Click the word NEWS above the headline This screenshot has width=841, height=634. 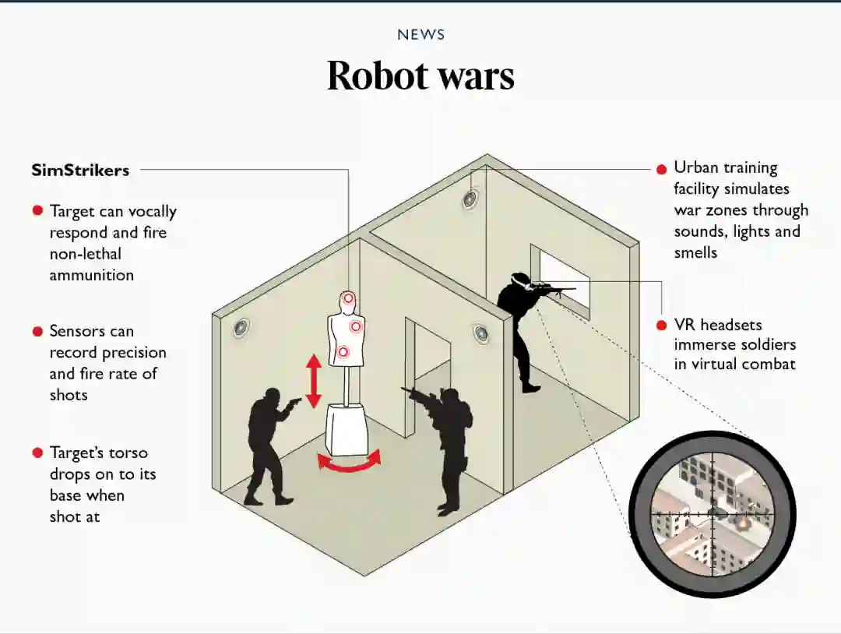pyautogui.click(x=420, y=34)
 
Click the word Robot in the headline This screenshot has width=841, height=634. pyautogui.click(x=378, y=76)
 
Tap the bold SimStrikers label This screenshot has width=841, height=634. pyautogui.click(x=80, y=170)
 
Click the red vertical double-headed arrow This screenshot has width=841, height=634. pyautogui.click(x=313, y=381)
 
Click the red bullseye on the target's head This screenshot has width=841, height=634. pyautogui.click(x=348, y=298)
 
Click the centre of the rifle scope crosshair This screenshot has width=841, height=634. pyautogui.click(x=712, y=513)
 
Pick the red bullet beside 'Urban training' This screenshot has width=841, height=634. pyautogui.click(x=661, y=168)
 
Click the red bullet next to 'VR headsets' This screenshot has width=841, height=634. pyautogui.click(x=661, y=325)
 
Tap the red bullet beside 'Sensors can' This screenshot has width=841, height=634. pyautogui.click(x=37, y=332)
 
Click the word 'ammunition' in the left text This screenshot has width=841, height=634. pyautogui.click(x=92, y=275)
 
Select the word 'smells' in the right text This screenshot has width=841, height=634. pyautogui.click(x=695, y=252)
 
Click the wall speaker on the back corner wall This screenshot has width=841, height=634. pyautogui.click(x=470, y=199)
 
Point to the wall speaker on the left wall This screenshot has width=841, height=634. pyautogui.click(x=241, y=328)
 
